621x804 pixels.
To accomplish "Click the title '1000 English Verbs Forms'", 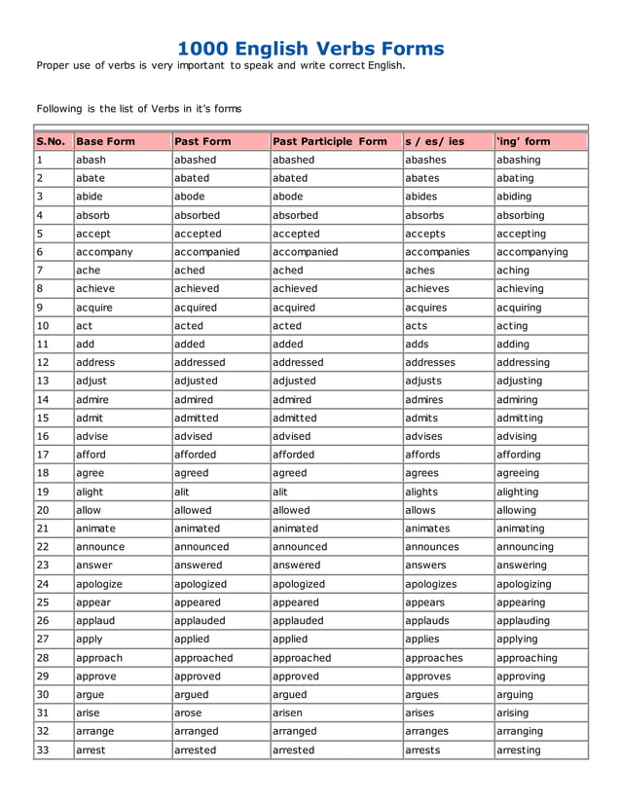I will pyautogui.click(x=310, y=48).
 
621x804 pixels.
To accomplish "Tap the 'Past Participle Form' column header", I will pyautogui.click(x=329, y=141).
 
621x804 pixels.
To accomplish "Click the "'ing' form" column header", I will pyautogui.click(x=523, y=141).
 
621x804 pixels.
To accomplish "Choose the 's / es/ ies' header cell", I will pyautogui.click(x=434, y=141).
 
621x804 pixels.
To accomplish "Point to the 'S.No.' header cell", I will pyautogui.click(x=51, y=141).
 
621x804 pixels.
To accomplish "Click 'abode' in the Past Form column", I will pyautogui.click(x=191, y=197).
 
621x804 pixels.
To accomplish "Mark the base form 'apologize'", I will pyautogui.click(x=102, y=584).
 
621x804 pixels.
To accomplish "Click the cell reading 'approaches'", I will pyautogui.click(x=434, y=658).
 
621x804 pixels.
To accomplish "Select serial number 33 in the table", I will pyautogui.click(x=42, y=750).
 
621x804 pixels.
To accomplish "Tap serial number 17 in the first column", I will pyautogui.click(x=42, y=455).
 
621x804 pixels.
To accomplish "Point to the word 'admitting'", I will pyautogui.click(x=521, y=418).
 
